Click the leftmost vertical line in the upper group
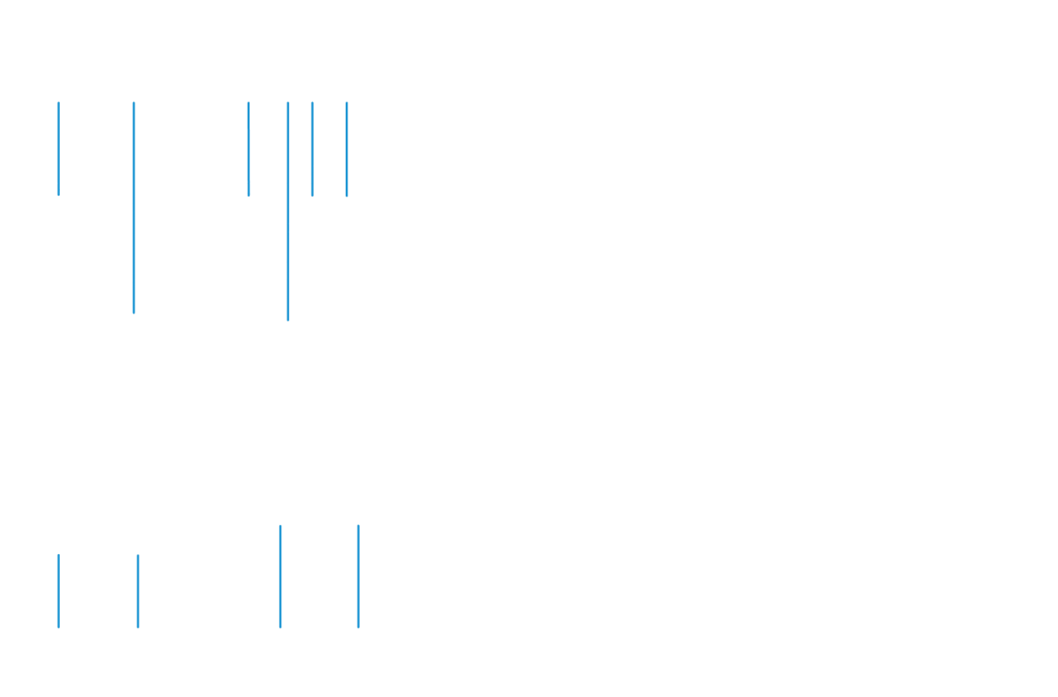tap(58, 145)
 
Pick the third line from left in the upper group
tap(249, 145)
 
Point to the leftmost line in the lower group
tap(58, 590)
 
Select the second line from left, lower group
tap(138, 590)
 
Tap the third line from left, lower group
tap(280, 577)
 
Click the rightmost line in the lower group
tap(358, 577)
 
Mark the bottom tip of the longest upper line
tap(288, 320)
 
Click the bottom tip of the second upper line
tap(134, 313)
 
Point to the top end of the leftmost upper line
tap(58, 103)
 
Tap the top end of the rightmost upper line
tap(346, 103)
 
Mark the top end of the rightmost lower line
tap(358, 526)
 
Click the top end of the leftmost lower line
tap(58, 555)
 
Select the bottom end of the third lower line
tap(280, 627)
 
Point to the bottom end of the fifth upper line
tap(312, 196)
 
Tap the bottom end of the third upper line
tap(249, 196)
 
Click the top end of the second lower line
tap(138, 556)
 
